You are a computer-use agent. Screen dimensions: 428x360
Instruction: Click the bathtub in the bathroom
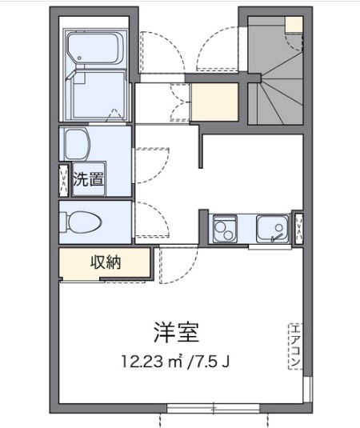[94, 50]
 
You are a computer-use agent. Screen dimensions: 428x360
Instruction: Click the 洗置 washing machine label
[88, 178]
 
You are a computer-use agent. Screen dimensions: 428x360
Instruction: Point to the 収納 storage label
[105, 262]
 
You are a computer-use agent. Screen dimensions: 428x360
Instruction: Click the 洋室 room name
[175, 331]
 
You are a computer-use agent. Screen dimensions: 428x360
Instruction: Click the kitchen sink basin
[272, 229]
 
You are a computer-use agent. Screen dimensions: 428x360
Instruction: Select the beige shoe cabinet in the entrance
[214, 101]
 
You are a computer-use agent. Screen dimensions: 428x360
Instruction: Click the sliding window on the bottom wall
[214, 408]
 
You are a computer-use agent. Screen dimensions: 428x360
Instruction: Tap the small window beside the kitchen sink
[298, 229]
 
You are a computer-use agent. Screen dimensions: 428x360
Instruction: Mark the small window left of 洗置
[63, 179]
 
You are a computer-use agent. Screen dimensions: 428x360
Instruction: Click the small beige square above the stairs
[294, 23]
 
